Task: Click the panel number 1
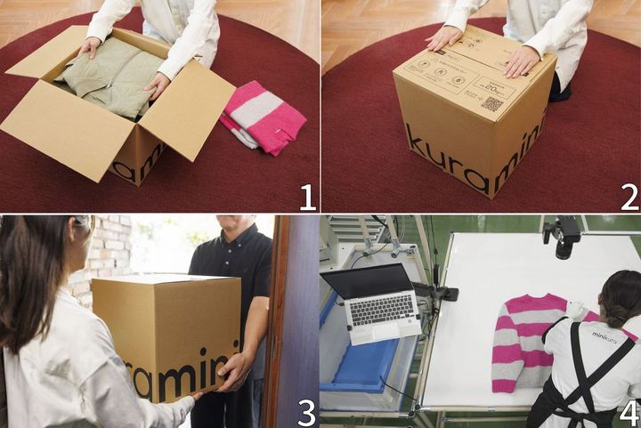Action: pos(307,197)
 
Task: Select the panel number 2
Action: pos(629,197)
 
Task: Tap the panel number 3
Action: pos(307,411)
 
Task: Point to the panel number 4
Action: pos(629,411)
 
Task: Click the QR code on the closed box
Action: pos(491,104)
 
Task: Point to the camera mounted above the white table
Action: pos(564,235)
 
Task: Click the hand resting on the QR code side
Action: pos(521,61)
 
